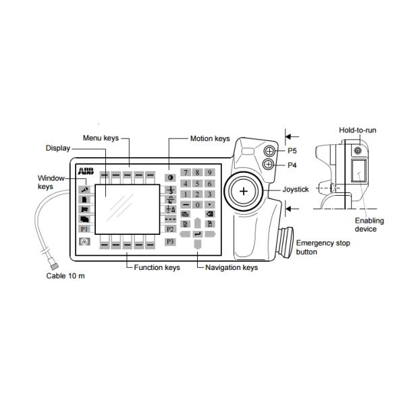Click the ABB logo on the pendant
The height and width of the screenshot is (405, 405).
[86, 169]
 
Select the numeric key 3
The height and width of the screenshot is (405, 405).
[210, 194]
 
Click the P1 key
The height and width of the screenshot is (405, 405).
[84, 230]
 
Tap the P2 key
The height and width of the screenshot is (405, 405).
[171, 229]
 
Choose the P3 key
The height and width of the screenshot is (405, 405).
[171, 241]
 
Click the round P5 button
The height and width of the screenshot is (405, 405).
[269, 151]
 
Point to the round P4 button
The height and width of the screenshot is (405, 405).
[269, 164]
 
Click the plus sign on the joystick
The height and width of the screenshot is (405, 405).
[243, 192]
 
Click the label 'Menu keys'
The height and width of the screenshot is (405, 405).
[101, 138]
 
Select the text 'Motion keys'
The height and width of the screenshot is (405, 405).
[210, 138]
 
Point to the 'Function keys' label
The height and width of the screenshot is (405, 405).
[157, 267]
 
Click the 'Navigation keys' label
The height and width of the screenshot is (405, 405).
[232, 267]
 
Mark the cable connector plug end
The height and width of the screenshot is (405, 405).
[51, 260]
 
